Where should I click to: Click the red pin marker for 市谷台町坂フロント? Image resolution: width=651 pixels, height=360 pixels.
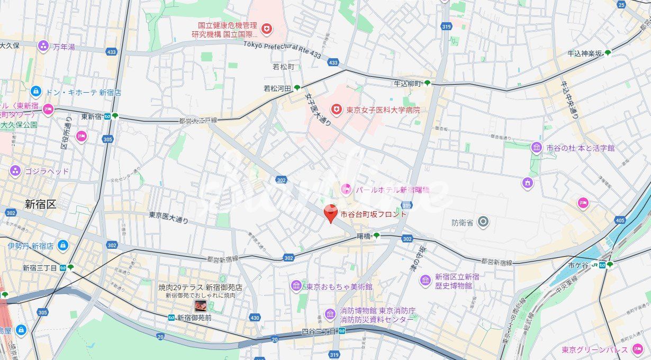[x=331, y=214]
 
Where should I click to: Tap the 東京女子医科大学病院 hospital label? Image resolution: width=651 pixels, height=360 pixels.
[x=383, y=110]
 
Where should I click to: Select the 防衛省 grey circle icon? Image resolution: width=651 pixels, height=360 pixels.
[x=482, y=222]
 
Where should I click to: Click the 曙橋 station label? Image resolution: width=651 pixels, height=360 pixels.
[x=364, y=236]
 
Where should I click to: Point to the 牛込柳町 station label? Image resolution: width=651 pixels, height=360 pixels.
[x=407, y=84]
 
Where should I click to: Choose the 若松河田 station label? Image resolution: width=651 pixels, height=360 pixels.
[x=278, y=88]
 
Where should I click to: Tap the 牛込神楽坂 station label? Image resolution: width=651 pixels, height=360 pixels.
[x=585, y=53]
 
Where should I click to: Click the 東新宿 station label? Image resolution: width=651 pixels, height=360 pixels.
[x=92, y=116]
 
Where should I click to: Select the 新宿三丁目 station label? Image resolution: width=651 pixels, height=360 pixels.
[x=40, y=268]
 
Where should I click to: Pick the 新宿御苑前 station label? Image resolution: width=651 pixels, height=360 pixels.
[x=194, y=318]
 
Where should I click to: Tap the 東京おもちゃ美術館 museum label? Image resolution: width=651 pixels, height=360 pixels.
[x=339, y=286]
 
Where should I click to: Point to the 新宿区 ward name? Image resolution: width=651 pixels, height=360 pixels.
[x=40, y=204]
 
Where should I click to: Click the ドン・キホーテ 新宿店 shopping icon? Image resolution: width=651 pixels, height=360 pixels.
[x=36, y=92]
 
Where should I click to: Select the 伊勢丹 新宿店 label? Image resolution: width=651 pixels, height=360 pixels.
[x=31, y=246]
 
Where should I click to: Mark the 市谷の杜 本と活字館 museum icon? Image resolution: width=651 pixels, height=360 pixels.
[x=537, y=148]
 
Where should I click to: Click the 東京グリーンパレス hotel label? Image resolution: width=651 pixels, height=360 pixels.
[x=594, y=349]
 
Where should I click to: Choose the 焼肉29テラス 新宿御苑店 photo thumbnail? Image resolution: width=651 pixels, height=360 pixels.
[x=201, y=305]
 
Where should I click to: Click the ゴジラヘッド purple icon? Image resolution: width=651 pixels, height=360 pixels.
[x=15, y=171]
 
